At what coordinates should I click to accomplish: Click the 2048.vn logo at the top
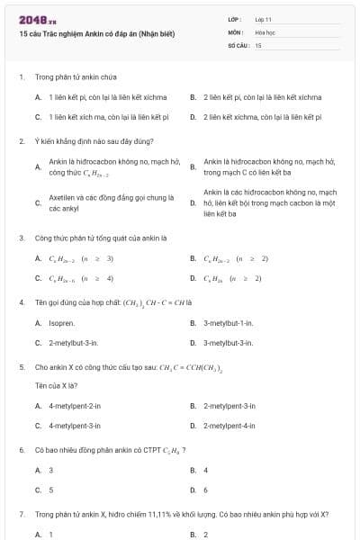[x=31, y=20]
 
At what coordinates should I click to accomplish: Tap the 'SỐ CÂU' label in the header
[x=237, y=44]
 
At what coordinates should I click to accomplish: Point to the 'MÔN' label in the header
[x=235, y=31]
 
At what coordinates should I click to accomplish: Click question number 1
[x=21, y=78]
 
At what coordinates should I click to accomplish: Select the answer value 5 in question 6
[x=51, y=490]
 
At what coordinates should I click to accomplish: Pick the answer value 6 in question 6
[x=206, y=490]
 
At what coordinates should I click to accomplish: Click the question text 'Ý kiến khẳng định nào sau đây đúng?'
[x=81, y=141]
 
